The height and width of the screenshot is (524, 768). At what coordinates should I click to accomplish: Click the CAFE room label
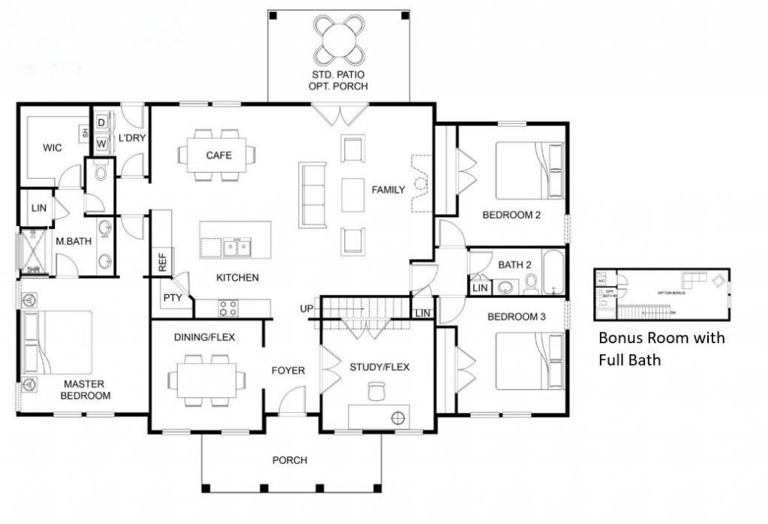pyautogui.click(x=218, y=155)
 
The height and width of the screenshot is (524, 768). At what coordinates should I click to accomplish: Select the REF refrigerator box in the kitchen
pyautogui.click(x=161, y=262)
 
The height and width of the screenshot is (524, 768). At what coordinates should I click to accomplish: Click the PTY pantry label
pyautogui.click(x=172, y=298)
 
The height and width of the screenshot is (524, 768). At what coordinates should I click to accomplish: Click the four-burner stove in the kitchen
pyautogui.click(x=228, y=307)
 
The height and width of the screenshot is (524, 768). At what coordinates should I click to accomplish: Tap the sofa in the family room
pyautogui.click(x=313, y=194)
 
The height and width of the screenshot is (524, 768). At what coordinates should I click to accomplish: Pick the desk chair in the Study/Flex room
pyautogui.click(x=375, y=392)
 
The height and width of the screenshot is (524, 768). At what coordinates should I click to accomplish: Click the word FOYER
pyautogui.click(x=288, y=371)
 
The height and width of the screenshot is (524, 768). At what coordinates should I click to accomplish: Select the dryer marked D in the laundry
pyautogui.click(x=100, y=122)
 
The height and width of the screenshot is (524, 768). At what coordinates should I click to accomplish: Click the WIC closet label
pyautogui.click(x=52, y=148)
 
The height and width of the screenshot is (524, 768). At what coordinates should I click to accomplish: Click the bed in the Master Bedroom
pyautogui.click(x=60, y=343)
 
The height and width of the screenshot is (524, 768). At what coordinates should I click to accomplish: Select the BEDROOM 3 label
pyautogui.click(x=517, y=317)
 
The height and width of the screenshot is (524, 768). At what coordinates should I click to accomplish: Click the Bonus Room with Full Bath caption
pyautogui.click(x=661, y=349)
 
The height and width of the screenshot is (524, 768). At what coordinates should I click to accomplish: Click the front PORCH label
pyautogui.click(x=289, y=460)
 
